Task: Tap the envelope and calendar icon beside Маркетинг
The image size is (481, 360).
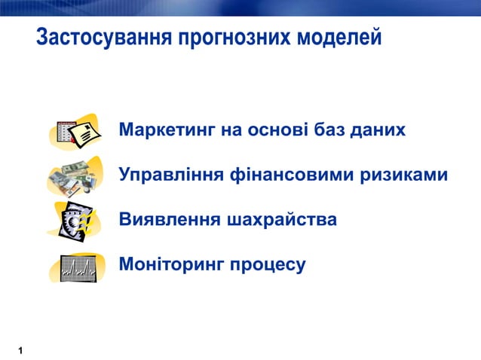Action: coord(77,132)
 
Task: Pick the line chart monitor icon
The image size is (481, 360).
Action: coord(79,267)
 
